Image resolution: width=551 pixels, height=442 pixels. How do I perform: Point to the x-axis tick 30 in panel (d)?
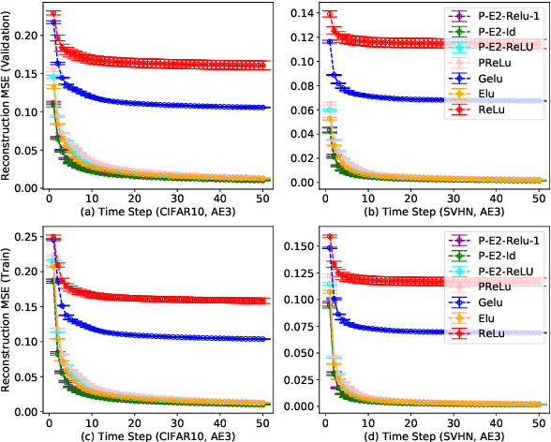coord(454,420)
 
